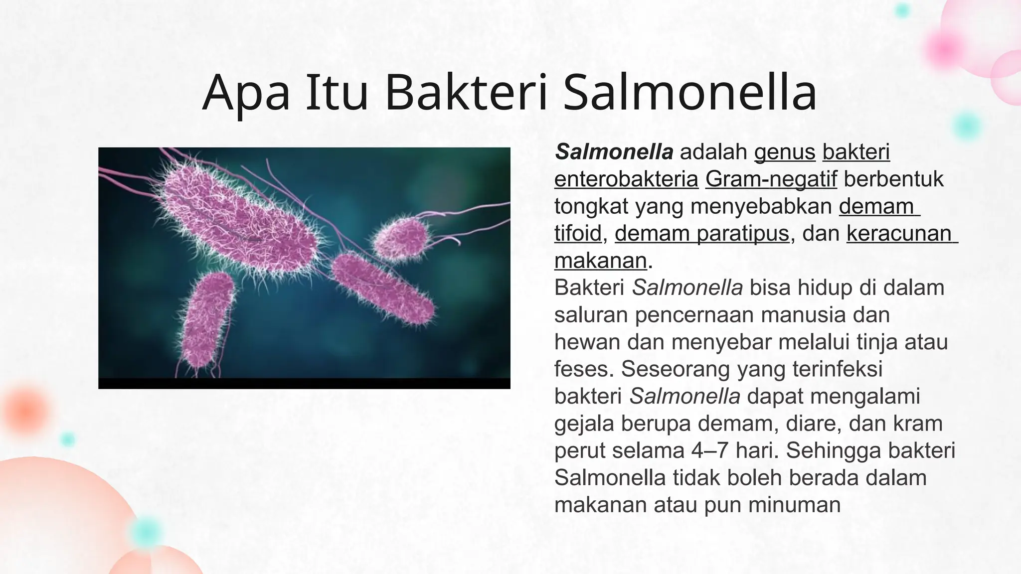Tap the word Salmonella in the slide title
point(690,93)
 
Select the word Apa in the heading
point(246,93)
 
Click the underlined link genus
point(785,152)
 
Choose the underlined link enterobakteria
point(626,179)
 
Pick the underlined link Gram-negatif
point(771,179)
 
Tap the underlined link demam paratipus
point(702,233)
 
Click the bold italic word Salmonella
point(614,152)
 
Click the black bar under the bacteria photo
point(304,383)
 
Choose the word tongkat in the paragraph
point(591,206)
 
